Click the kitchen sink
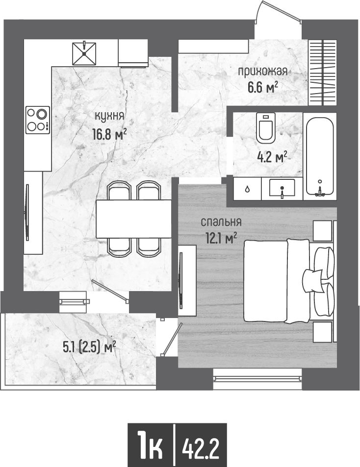pos(84,53)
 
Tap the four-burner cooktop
pos(38,120)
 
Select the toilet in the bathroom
pos(266,128)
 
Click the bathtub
pos(320,157)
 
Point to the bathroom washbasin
pos(282,188)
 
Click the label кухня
pos(109,116)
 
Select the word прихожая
pos(262,72)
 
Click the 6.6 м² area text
pos(263,87)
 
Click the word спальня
pos(221,222)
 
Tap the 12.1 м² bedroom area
pos(221,238)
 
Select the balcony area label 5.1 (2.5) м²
pos(89,347)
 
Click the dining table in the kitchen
pos(133,219)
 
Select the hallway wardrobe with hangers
pos(323,73)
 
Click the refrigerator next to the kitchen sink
pos(133,53)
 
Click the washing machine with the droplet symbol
pos(247,189)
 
